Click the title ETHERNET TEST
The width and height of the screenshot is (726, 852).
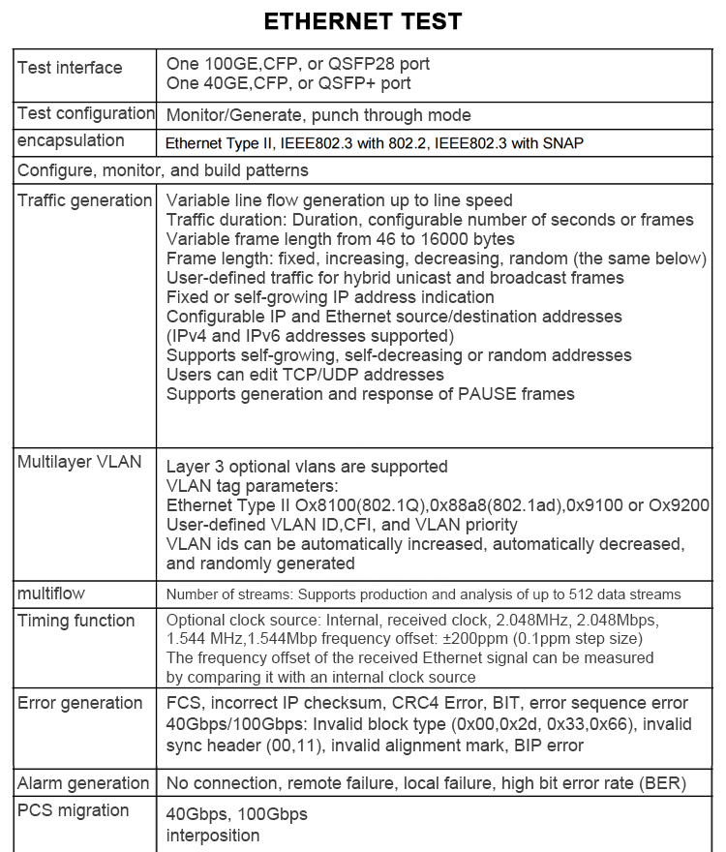(363, 21)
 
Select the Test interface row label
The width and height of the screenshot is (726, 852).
(70, 68)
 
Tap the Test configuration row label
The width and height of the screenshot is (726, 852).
(85, 114)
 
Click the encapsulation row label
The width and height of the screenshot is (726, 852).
(71, 140)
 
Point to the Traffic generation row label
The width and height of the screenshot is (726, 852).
(85, 200)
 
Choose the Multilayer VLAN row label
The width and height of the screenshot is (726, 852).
(79, 462)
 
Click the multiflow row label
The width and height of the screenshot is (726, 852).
(50, 593)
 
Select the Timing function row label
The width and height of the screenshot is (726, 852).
(76, 621)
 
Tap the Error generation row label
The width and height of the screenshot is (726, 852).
(79, 703)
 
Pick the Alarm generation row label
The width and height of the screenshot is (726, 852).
(83, 782)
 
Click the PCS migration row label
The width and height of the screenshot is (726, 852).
(73, 810)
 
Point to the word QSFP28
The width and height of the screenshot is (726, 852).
(363, 64)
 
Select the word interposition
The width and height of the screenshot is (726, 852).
(212, 835)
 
